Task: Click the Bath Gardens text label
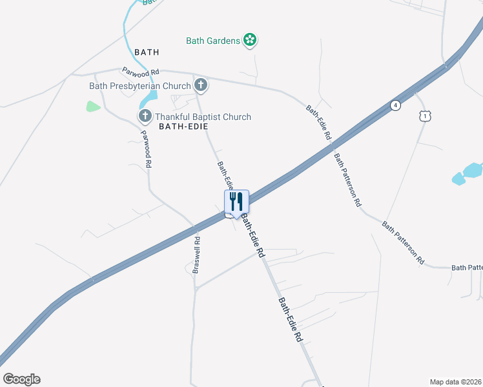212,41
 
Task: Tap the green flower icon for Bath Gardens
250,41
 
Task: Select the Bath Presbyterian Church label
139,86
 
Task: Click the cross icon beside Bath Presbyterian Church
201,84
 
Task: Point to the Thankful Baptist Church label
203,117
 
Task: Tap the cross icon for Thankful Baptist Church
145,116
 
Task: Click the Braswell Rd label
196,255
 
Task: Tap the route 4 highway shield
395,106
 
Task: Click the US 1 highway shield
424,116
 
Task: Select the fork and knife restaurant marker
236,202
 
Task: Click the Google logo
21,379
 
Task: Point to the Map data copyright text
455,382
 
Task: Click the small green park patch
93,106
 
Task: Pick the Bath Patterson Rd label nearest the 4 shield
347,179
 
